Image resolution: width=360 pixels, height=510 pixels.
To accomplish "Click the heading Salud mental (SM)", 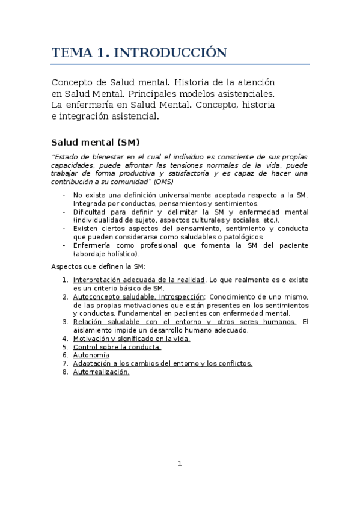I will (95, 143).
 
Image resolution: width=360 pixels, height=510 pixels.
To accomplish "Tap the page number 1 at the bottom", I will (180, 463).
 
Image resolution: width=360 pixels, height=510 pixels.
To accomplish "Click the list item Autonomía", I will (91, 355).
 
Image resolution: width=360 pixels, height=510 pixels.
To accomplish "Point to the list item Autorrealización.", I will (101, 372).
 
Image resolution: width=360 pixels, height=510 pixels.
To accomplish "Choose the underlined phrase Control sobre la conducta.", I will (117, 347).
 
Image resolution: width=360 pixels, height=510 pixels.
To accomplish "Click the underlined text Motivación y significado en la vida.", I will (131, 339).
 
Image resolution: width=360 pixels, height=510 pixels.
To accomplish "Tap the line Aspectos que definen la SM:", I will (98, 266).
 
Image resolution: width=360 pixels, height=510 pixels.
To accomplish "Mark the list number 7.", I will (65, 363).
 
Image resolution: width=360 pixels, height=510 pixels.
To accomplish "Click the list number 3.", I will (65, 322).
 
